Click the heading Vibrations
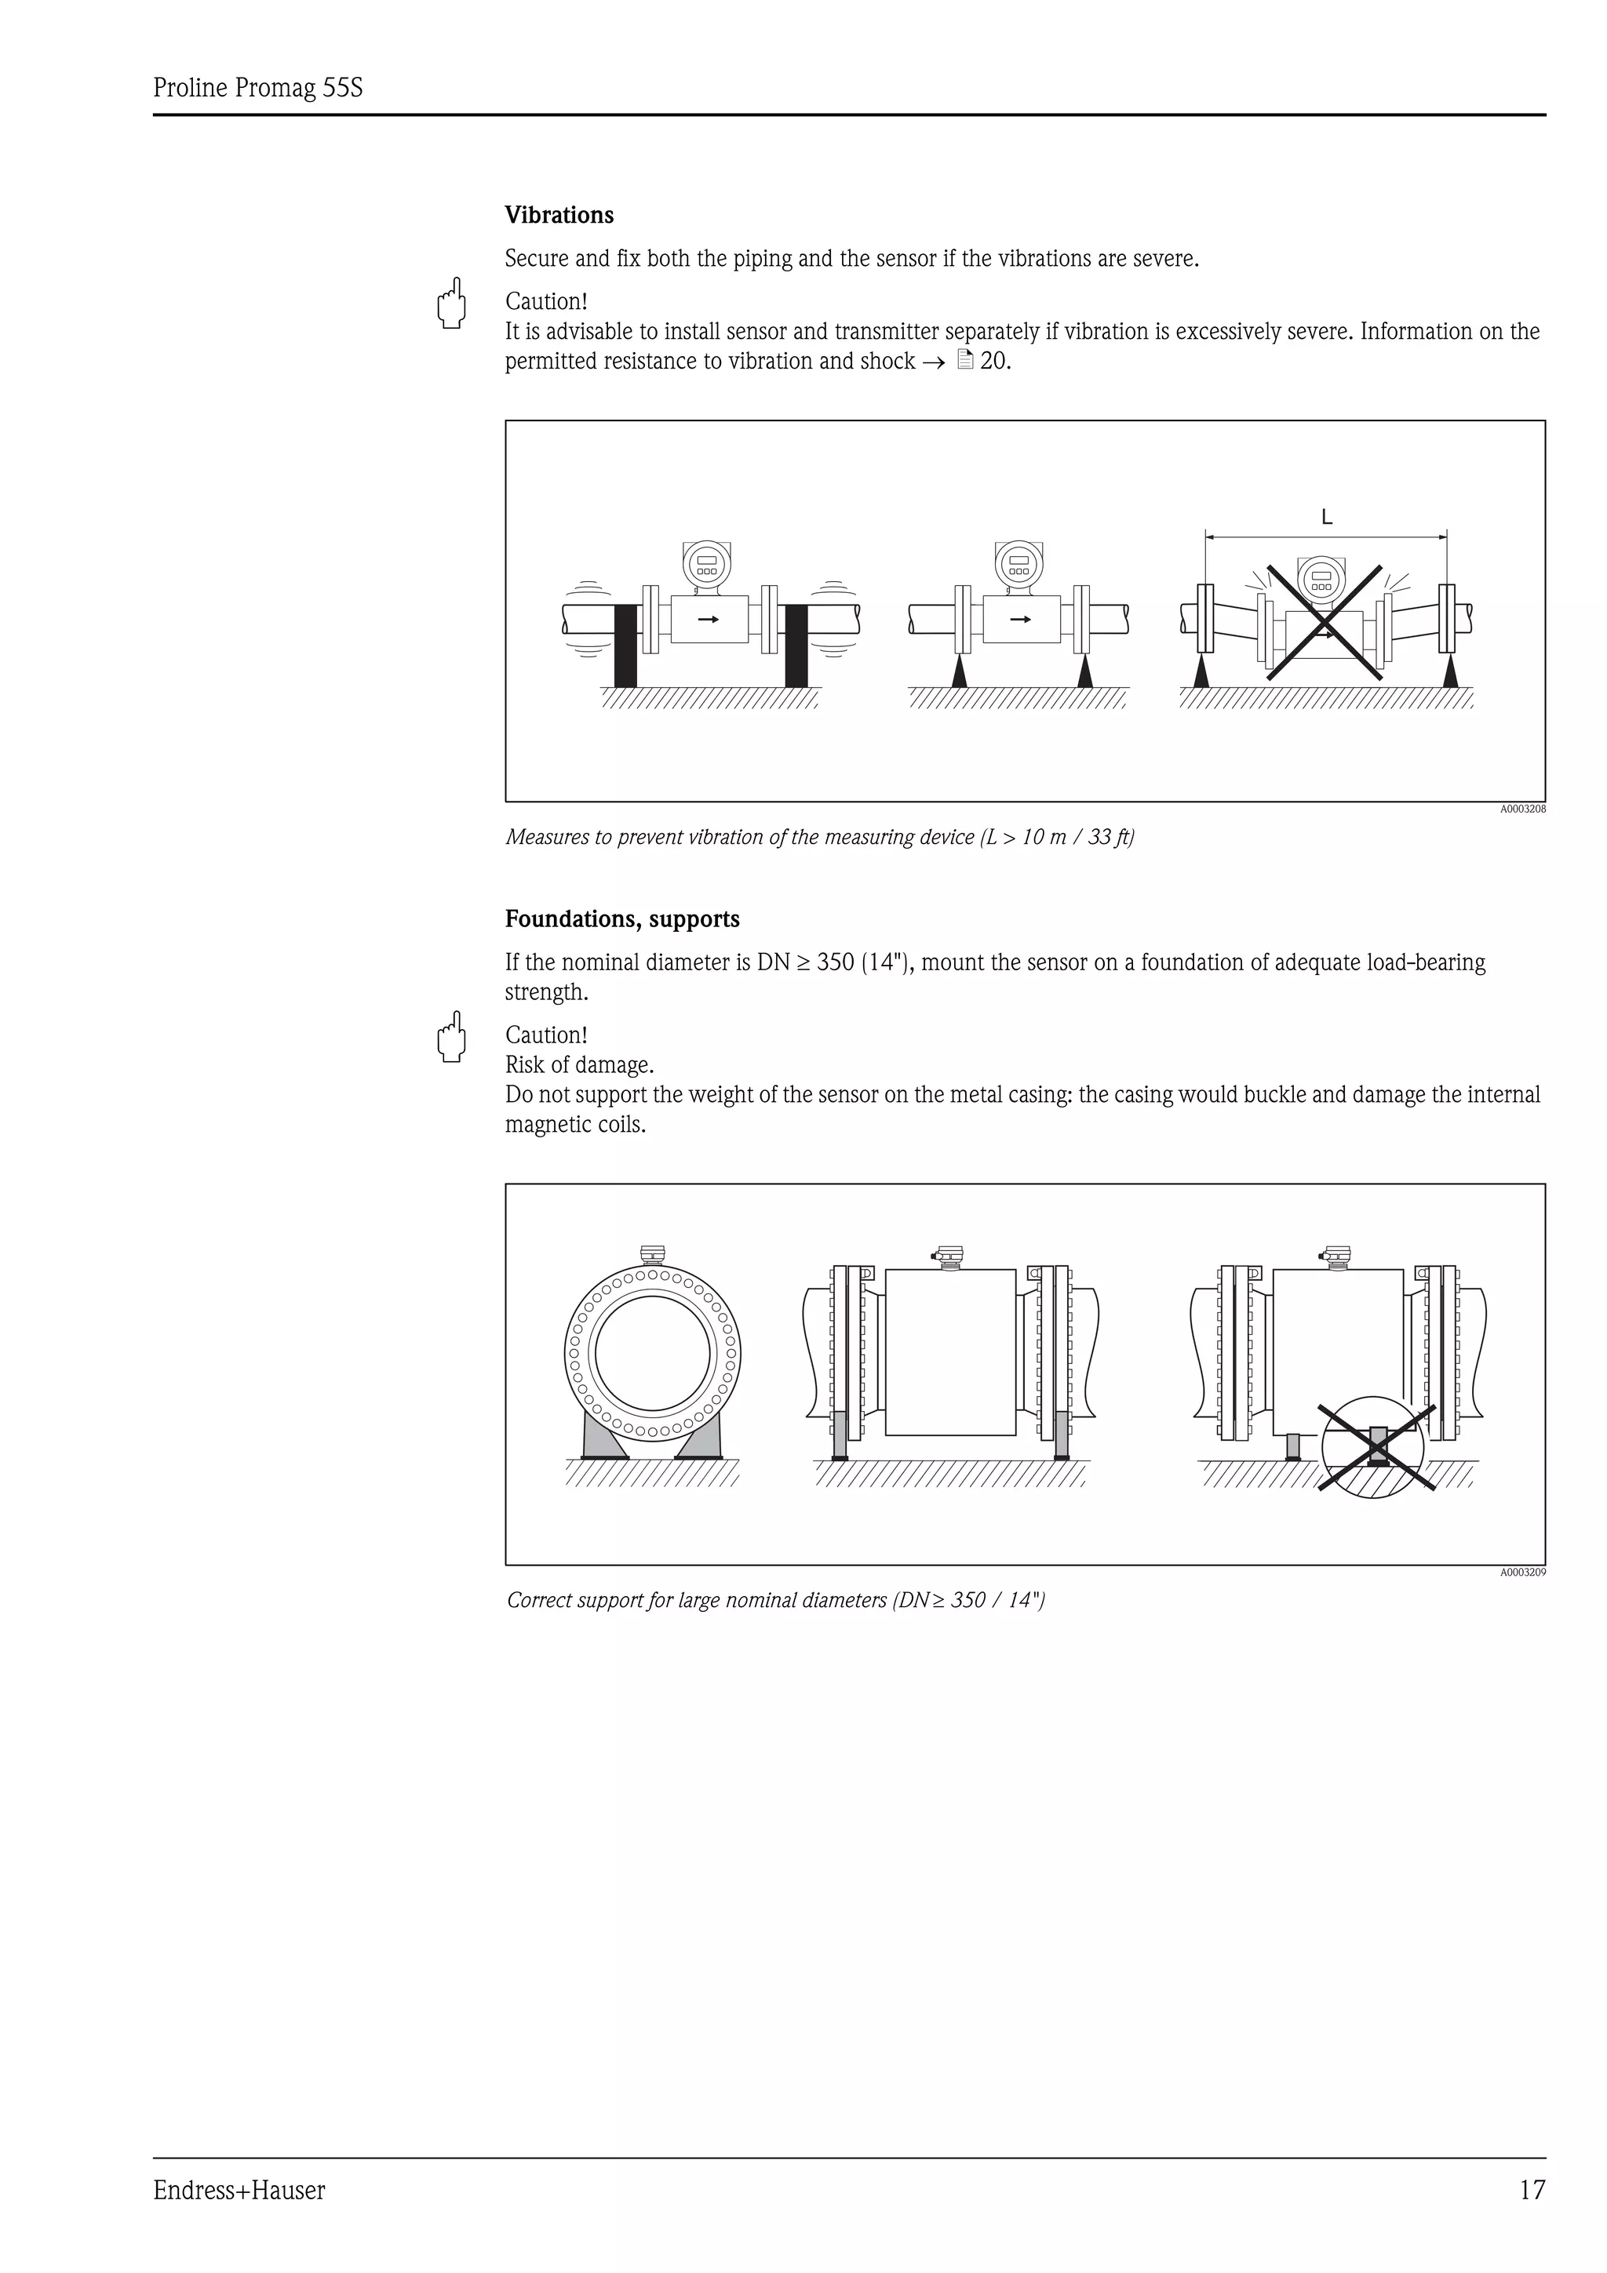(559, 215)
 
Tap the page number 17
(1531, 2190)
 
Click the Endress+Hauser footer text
(239, 2191)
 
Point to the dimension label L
(1326, 518)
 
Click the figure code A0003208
(1521, 809)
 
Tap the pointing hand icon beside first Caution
(451, 303)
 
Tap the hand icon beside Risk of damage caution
(451, 1037)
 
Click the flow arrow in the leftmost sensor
(708, 620)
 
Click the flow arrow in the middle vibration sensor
(1020, 620)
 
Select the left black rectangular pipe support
(625, 646)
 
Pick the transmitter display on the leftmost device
(706, 563)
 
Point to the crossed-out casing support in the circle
(1376, 1446)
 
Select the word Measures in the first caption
(548, 838)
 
